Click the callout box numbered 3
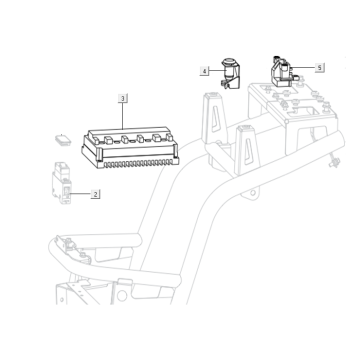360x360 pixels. tap(123, 98)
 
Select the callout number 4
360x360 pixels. tap(204, 71)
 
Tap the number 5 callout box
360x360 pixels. tap(320, 68)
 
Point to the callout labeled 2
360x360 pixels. tap(95, 194)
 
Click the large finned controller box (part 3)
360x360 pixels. tap(130, 147)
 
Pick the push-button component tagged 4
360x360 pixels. tap(230, 74)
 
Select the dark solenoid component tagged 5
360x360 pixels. tap(283, 71)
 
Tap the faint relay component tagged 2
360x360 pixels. tap(61, 183)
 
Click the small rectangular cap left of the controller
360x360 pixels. tap(63, 140)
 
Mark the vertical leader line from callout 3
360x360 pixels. tap(123, 116)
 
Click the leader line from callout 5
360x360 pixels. tap(304, 68)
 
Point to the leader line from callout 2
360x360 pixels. tap(80, 193)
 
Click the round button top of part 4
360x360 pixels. tap(228, 61)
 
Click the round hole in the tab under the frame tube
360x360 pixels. tap(253, 193)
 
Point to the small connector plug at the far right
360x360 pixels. tap(334, 163)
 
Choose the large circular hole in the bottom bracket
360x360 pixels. tap(122, 295)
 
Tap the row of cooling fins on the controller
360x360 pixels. tap(139, 163)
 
